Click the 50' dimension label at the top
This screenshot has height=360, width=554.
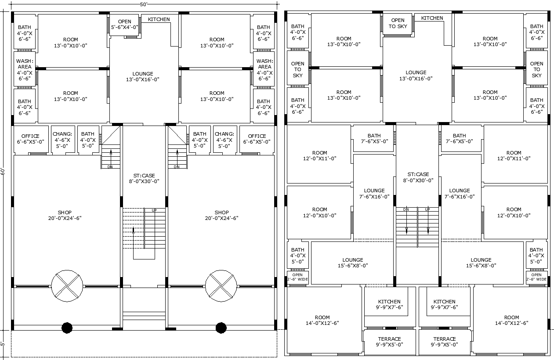[144, 4]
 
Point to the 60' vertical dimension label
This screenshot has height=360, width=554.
[3, 171]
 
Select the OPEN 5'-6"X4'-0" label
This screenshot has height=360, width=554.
[125, 24]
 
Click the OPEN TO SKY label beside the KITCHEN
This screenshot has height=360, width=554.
[398, 23]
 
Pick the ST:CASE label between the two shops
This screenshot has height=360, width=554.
[145, 178]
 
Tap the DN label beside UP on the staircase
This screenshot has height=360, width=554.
[406, 209]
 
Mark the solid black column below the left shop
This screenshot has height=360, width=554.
[67, 328]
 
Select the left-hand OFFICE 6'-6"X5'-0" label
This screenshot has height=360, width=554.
[31, 139]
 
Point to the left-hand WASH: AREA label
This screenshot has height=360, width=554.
[25, 70]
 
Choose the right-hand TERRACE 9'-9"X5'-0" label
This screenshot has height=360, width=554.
[444, 342]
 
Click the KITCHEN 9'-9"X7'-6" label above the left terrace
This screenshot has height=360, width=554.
[389, 304]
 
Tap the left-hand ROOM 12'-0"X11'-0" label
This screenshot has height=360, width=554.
[319, 155]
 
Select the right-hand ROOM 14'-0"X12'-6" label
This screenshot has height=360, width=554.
[511, 320]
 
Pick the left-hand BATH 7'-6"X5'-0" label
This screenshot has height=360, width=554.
[374, 138]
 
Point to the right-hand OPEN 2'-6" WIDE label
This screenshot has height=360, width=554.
[536, 277]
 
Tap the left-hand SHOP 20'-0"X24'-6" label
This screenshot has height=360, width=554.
[65, 215]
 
